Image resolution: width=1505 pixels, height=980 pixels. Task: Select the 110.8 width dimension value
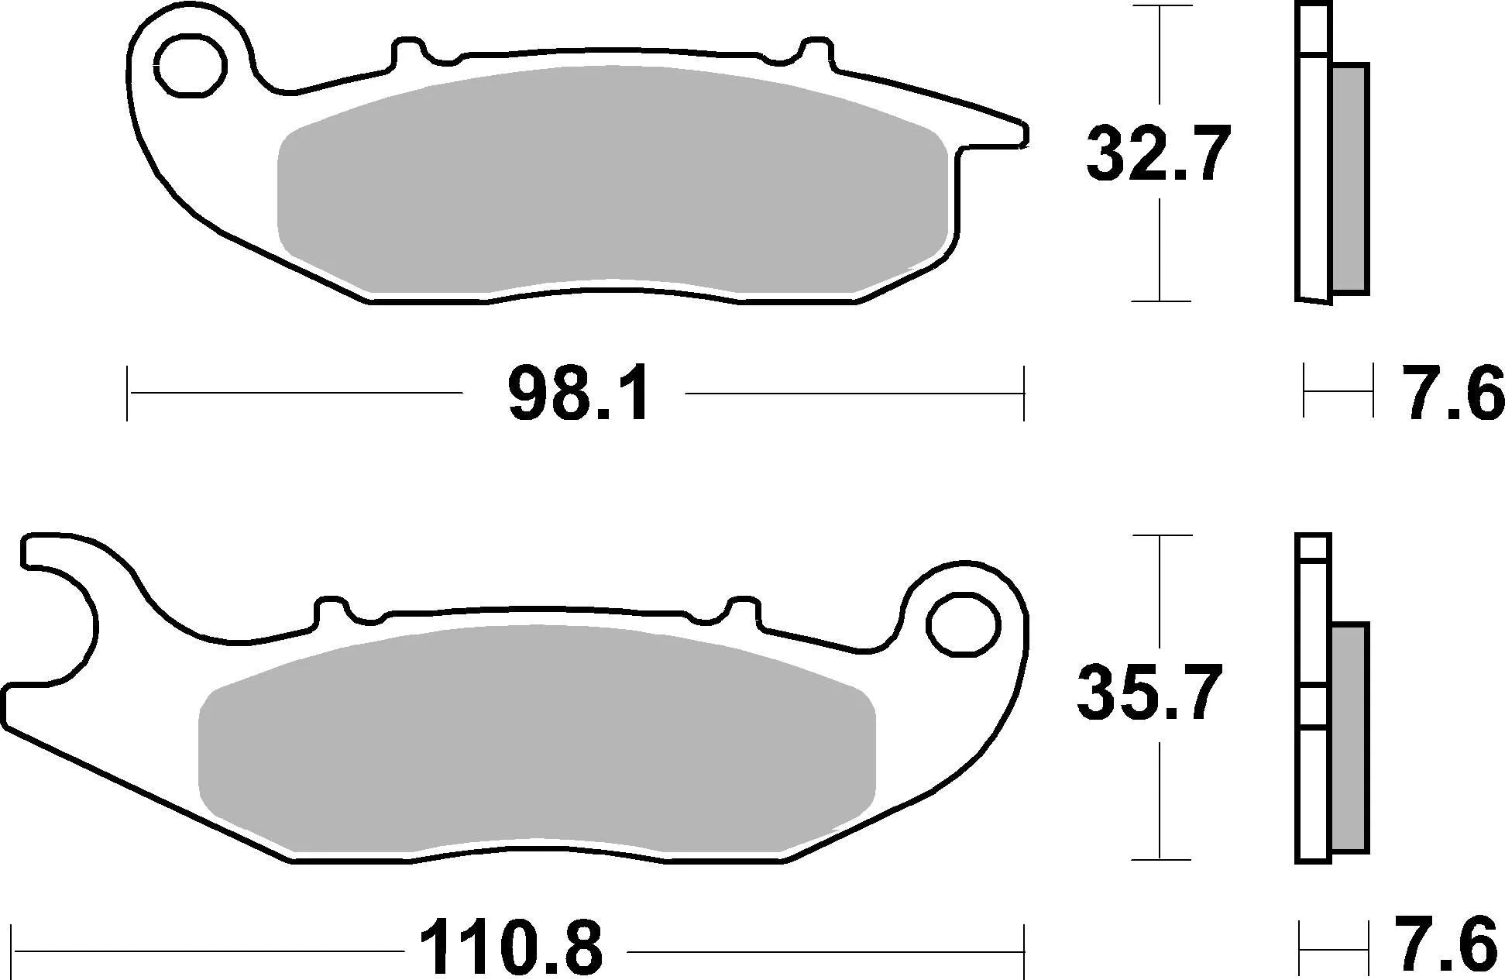pyautogui.click(x=511, y=949)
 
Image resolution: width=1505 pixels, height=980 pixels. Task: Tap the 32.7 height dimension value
pyautogui.click(x=1157, y=155)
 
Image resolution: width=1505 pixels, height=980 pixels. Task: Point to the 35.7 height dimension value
pyautogui.click(x=1149, y=693)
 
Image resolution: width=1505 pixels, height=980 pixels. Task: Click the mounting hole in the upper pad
pyautogui.click(x=191, y=66)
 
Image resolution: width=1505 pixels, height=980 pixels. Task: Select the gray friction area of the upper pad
pyautogui.click(x=612, y=182)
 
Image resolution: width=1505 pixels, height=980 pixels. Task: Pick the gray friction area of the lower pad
pyautogui.click(x=534, y=740)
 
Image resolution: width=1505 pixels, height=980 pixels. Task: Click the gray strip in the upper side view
pyautogui.click(x=1350, y=178)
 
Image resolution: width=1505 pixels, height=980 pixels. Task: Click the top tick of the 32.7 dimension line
pyautogui.click(x=1159, y=6)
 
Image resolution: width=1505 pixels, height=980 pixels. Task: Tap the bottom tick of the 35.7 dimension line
pyautogui.click(x=1159, y=858)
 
